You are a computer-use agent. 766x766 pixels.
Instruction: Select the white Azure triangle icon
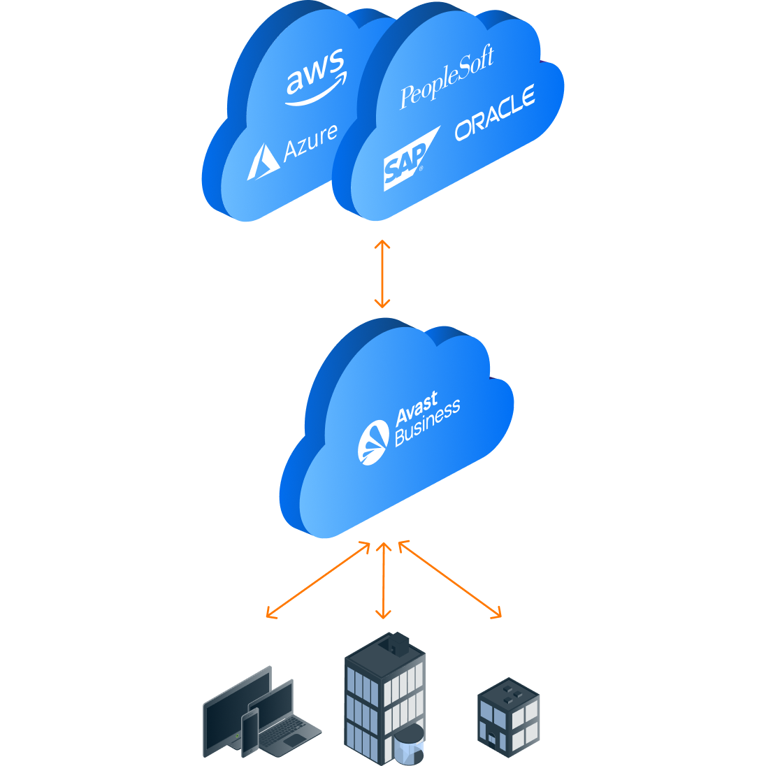click(x=261, y=163)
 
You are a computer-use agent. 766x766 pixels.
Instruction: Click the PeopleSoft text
click(x=447, y=77)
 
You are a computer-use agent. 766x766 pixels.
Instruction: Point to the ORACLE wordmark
click(x=495, y=113)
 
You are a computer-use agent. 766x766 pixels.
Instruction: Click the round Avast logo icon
click(x=373, y=442)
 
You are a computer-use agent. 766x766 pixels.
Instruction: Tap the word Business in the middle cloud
click(x=427, y=424)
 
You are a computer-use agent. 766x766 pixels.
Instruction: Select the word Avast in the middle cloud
click(x=417, y=408)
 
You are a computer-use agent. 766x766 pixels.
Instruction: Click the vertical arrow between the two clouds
click(x=382, y=274)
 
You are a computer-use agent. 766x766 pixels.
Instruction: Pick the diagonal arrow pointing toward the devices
click(x=318, y=580)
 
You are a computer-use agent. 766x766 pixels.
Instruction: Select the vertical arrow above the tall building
click(x=383, y=580)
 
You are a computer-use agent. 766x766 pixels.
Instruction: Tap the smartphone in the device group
click(x=250, y=731)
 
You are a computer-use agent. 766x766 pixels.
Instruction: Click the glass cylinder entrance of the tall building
click(x=409, y=744)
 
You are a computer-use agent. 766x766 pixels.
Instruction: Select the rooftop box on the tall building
click(x=398, y=643)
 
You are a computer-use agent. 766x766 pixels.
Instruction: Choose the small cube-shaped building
click(x=509, y=716)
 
